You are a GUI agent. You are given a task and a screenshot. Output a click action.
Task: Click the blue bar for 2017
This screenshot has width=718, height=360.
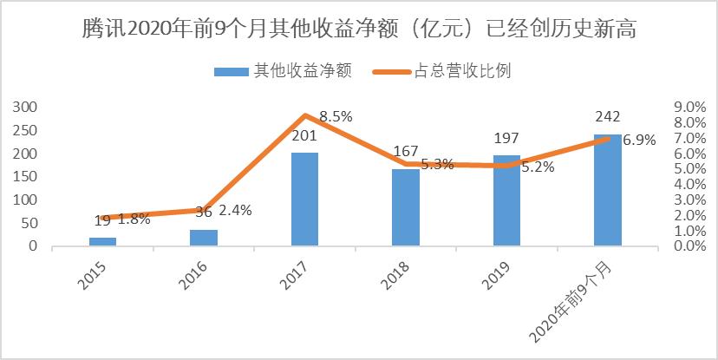(304, 200)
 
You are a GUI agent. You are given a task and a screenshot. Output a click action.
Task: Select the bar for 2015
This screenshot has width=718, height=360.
(102, 241)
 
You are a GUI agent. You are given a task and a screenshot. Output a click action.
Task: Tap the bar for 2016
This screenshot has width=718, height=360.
(203, 238)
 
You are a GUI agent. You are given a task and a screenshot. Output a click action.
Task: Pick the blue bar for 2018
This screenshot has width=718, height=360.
(405, 207)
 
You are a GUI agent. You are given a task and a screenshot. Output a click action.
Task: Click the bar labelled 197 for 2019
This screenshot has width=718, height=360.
(506, 201)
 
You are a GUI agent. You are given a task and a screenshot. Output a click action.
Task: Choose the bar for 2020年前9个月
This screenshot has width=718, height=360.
(607, 190)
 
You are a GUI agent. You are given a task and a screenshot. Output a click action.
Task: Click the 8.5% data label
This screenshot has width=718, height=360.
(336, 115)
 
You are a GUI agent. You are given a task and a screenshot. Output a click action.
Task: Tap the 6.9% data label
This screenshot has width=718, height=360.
(639, 140)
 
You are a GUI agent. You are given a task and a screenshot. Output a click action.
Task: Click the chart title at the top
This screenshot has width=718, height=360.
(358, 31)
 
